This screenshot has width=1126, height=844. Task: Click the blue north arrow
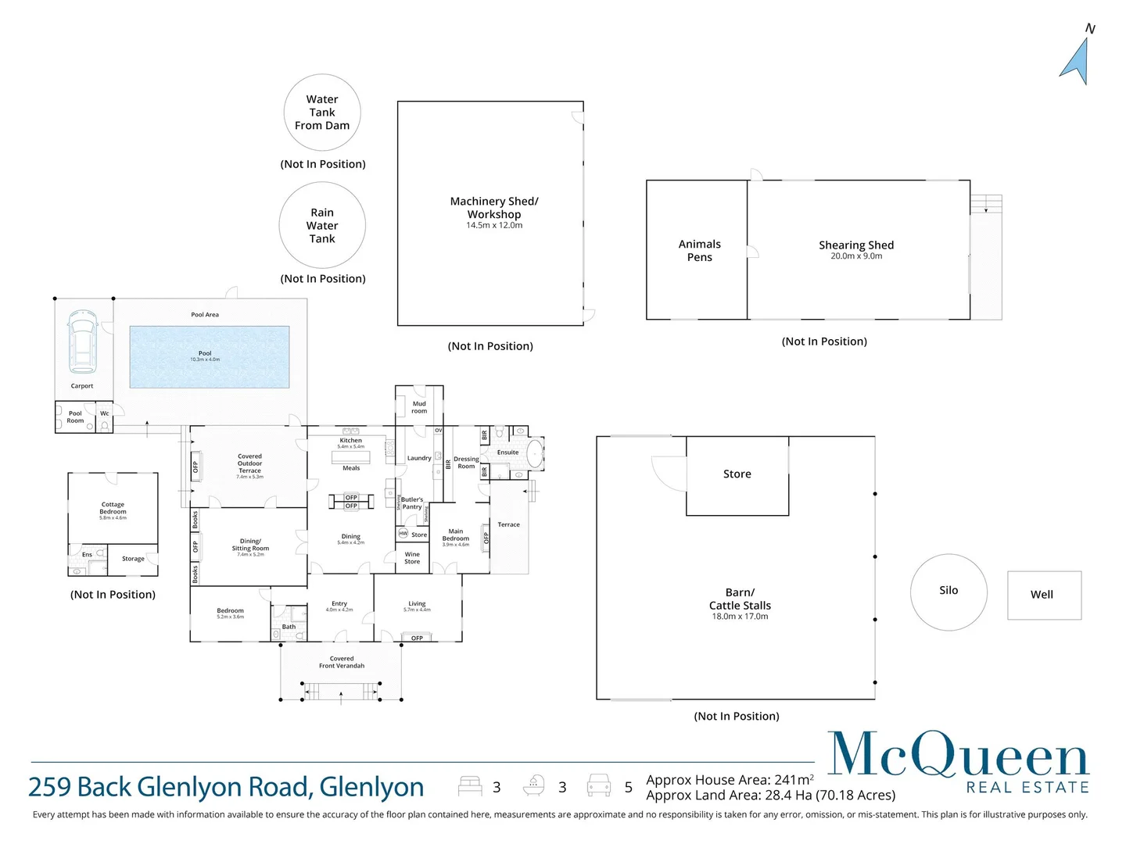(x=1077, y=61)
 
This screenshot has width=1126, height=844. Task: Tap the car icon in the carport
(x=82, y=342)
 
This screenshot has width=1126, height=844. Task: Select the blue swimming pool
(x=210, y=357)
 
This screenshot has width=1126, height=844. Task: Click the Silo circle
(x=948, y=592)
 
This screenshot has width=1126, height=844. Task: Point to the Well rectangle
(x=1044, y=595)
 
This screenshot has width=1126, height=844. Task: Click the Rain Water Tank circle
(x=322, y=226)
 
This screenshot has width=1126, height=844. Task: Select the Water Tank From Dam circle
(x=322, y=113)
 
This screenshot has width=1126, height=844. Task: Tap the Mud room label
(x=419, y=407)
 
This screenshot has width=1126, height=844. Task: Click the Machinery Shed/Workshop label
(x=494, y=208)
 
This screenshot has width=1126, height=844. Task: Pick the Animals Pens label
(x=699, y=251)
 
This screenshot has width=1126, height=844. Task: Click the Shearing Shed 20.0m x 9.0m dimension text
(x=856, y=256)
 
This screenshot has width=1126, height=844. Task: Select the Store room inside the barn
(x=737, y=474)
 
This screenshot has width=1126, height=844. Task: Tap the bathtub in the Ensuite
(x=535, y=452)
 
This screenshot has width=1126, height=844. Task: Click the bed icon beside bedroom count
(x=470, y=785)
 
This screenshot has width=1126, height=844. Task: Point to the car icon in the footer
(x=599, y=785)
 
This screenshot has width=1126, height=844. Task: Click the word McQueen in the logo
(x=958, y=755)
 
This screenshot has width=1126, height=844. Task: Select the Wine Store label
(x=412, y=558)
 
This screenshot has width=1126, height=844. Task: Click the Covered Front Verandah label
(x=342, y=662)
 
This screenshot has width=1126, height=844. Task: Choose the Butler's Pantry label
(x=412, y=503)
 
